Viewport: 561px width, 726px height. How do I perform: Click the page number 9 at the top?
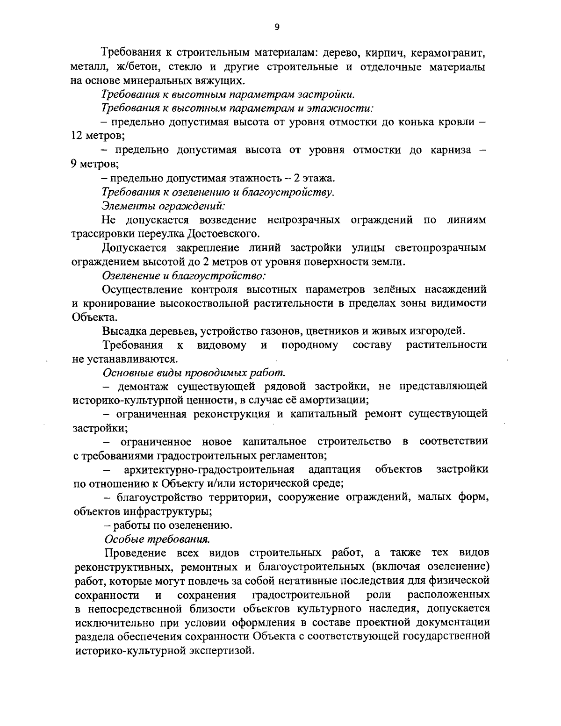[x=277, y=28]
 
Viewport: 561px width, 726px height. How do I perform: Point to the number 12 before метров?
[x=77, y=136]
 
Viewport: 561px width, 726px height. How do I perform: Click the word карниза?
[x=448, y=150]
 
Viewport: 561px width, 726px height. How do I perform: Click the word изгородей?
[x=431, y=331]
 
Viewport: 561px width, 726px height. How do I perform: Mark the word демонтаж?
[x=142, y=387]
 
